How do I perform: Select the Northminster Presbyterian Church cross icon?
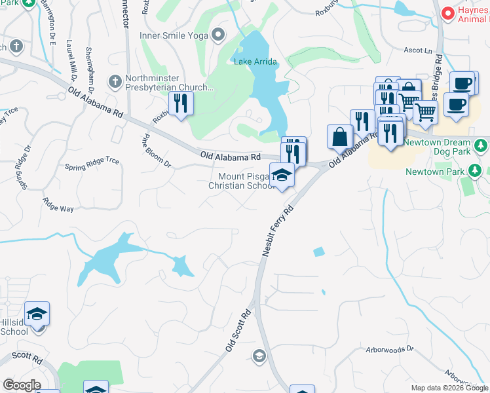(115, 81)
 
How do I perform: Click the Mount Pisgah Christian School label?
(242, 181)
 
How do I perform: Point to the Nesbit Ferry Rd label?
(277, 233)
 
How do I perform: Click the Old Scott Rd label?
(239, 331)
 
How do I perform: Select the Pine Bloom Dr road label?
(157, 151)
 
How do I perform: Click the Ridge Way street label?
(58, 204)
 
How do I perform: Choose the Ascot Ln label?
(419, 50)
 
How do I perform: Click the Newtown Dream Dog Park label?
(437, 147)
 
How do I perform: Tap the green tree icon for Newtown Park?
(476, 172)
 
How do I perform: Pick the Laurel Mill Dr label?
(71, 58)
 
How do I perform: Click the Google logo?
(21, 385)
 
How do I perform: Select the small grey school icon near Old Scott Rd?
(259, 356)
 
